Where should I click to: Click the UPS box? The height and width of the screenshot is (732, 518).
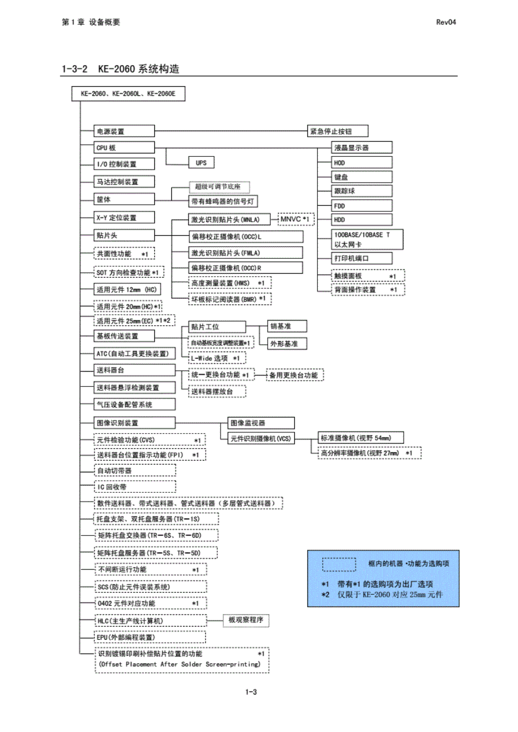[201, 163]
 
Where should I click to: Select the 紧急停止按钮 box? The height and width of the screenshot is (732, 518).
[338, 131]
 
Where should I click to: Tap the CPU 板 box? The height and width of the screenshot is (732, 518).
[124, 148]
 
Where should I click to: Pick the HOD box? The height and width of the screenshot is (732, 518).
[361, 163]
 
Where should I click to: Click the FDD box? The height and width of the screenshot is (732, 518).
[361, 206]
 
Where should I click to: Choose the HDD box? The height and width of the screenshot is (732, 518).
[361, 220]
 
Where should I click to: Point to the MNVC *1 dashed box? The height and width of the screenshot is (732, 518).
[296, 219]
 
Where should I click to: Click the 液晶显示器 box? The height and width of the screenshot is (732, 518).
[361, 148]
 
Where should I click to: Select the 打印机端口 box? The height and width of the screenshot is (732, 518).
[361, 258]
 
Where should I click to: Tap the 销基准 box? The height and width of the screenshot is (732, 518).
[287, 326]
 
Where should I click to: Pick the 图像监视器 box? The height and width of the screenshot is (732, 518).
[261, 423]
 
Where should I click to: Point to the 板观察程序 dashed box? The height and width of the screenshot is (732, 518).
[246, 620]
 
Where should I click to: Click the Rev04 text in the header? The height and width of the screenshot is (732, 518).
[446, 22]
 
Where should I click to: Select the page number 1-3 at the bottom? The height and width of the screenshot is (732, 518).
[251, 692]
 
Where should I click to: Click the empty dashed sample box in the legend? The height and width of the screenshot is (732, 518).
[339, 564]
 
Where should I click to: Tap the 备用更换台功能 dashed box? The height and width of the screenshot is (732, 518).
[295, 375]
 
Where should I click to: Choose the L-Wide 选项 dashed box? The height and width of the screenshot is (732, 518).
[217, 358]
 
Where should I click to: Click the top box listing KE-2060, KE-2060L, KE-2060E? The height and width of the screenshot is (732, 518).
[128, 94]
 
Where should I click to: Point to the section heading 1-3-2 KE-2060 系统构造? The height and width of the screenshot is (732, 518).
[120, 69]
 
